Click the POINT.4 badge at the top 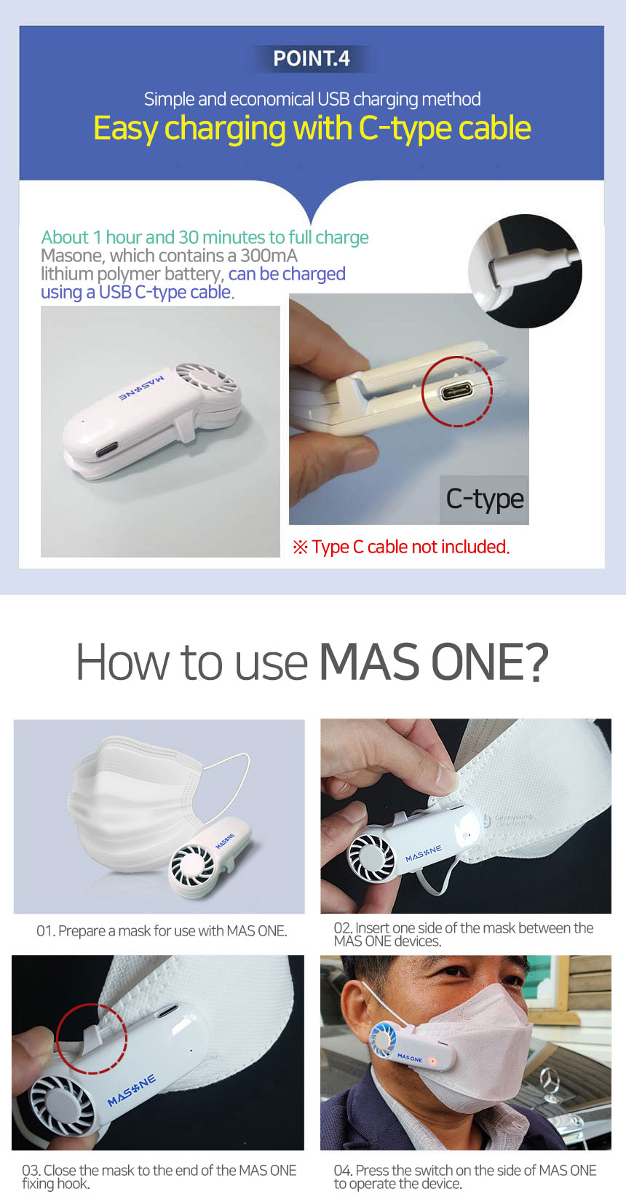click(x=311, y=58)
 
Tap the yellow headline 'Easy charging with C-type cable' click(x=312, y=129)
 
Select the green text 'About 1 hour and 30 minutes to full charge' click(x=205, y=237)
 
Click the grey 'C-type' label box click(x=484, y=499)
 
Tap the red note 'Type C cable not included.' click(x=400, y=547)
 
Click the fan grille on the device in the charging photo click(x=206, y=380)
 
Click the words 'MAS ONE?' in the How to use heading click(x=433, y=663)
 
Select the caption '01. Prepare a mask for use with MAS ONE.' click(x=162, y=931)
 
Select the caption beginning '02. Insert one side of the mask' click(x=464, y=934)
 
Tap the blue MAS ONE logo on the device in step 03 click(x=132, y=1091)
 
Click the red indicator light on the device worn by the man click(x=432, y=1061)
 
